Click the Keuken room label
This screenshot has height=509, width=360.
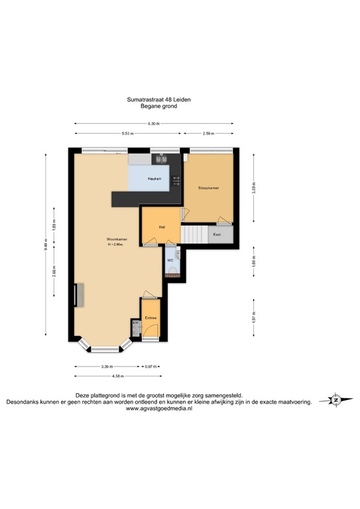(154, 180)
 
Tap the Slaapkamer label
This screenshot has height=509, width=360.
(208, 188)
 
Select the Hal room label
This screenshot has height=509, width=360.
(161, 227)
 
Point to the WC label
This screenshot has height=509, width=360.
(170, 260)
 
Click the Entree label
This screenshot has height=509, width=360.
(150, 318)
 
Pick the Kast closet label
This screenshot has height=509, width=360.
(217, 235)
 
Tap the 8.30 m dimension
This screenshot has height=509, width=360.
(154, 123)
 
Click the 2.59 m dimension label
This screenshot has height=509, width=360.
(208, 134)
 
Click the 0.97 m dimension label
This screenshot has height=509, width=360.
(152, 366)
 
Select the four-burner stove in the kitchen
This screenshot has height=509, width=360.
(176, 180)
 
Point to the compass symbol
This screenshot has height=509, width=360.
(336, 400)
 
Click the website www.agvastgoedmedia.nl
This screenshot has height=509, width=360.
(158, 409)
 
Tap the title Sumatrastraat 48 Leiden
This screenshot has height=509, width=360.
(158, 99)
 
